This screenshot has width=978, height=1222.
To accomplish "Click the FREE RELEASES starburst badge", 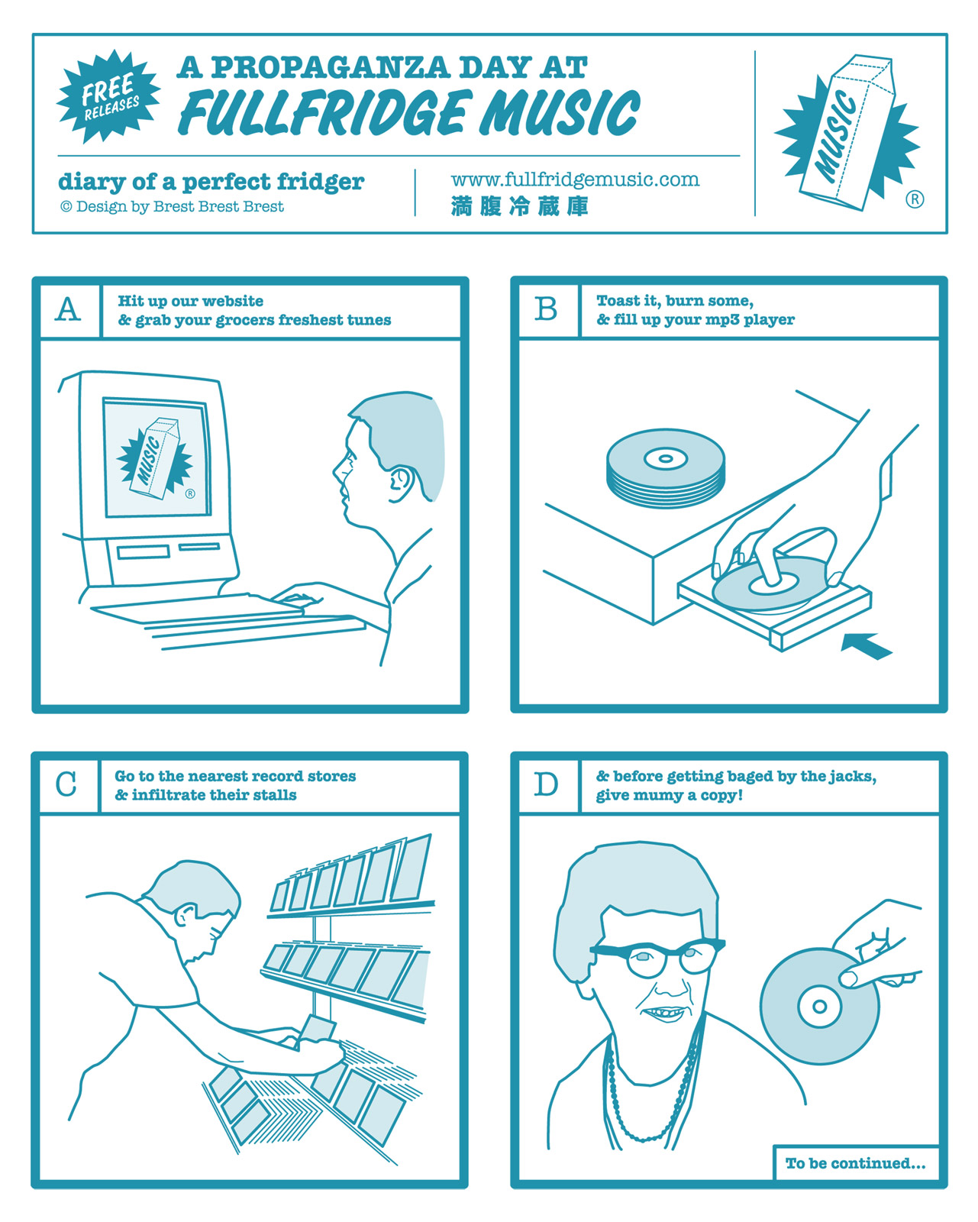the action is [108, 96].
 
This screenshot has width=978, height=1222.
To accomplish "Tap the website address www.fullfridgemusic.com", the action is [574, 179].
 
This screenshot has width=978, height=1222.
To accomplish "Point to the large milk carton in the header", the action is [846, 133].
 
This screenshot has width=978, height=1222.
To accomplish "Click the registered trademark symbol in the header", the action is [915, 199].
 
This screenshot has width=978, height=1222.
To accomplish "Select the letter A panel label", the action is [67, 309].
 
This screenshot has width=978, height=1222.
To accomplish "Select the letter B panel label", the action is [546, 309].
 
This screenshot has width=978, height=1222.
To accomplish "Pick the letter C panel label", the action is [66, 784].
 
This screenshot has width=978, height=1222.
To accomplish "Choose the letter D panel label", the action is [546, 784].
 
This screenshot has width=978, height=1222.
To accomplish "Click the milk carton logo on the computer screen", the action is [154, 458].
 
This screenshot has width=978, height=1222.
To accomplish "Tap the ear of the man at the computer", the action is [400, 484].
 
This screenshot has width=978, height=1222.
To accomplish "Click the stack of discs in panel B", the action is [665, 468].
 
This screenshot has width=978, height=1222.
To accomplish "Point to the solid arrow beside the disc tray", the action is [867, 645].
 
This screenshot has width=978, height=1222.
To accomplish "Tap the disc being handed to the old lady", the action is [818, 1006].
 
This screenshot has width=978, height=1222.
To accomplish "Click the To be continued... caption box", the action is [855, 1163].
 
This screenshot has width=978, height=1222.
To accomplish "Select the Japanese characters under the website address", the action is [519, 206].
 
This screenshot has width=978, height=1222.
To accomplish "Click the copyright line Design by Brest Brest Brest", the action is [172, 207].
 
